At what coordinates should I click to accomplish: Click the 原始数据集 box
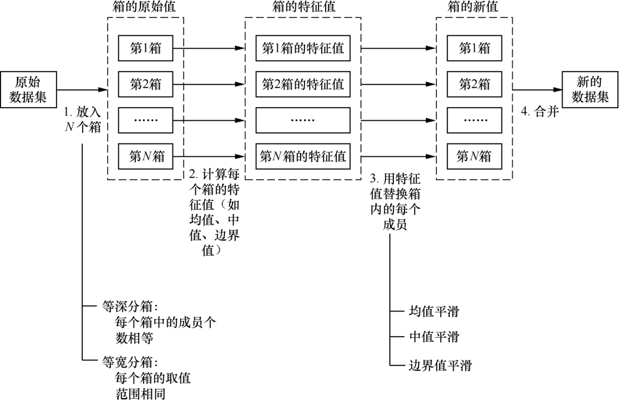coord(28,89)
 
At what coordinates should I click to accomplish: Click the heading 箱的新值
coord(474,8)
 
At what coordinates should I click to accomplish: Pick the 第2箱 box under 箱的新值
coord(474,85)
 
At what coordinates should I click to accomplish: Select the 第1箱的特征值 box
coord(303,49)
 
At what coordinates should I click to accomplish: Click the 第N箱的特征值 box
coord(303,156)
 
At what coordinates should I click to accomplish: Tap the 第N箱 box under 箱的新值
coord(474,156)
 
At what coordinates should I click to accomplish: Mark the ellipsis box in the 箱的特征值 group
coord(303,120)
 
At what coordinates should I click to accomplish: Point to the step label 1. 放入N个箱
coord(82,119)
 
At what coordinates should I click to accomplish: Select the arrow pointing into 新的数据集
coord(536,89)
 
